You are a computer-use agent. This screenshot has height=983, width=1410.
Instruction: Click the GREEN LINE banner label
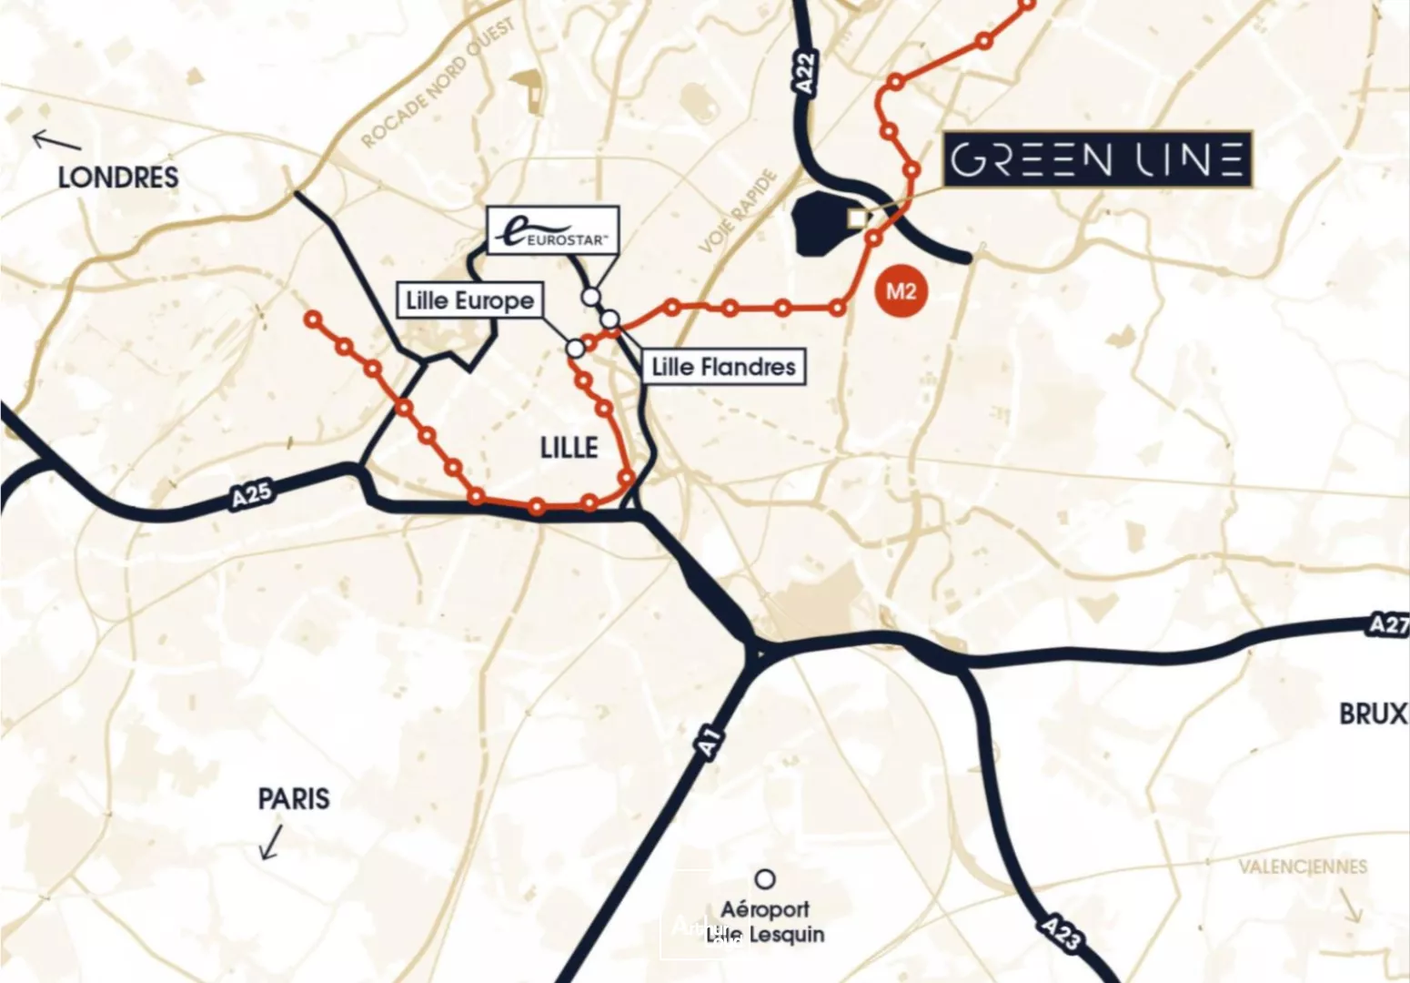(x=1097, y=160)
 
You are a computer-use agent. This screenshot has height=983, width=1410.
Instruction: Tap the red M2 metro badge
(x=900, y=291)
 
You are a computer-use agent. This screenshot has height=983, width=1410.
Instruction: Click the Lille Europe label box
(x=470, y=300)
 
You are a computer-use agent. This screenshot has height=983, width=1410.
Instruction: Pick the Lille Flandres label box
(x=724, y=367)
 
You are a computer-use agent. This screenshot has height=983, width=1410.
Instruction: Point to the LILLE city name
(x=569, y=448)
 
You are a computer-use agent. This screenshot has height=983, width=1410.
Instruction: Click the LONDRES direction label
(x=118, y=177)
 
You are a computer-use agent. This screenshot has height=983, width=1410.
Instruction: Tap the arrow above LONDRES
(x=55, y=140)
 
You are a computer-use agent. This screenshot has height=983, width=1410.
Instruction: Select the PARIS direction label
(x=294, y=799)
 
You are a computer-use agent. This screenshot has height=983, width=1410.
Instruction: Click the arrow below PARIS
(x=271, y=842)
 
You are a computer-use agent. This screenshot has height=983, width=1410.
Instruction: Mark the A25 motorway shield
(x=251, y=494)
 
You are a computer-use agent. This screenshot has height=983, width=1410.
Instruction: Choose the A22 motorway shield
(x=805, y=71)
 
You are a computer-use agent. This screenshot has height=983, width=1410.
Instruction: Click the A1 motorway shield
(x=710, y=742)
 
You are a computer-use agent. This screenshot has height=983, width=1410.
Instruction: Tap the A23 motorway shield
(x=1061, y=933)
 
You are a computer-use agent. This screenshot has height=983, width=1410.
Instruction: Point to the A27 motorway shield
(x=1388, y=624)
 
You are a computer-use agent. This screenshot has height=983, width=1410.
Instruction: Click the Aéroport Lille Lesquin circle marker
(x=766, y=879)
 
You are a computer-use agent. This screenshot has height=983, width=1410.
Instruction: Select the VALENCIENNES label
(x=1302, y=866)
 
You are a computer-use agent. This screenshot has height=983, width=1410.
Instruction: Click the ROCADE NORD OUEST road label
(x=438, y=84)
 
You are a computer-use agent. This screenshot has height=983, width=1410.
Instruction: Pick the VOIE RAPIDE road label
(x=739, y=212)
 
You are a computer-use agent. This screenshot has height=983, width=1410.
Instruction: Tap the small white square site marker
(x=856, y=218)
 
